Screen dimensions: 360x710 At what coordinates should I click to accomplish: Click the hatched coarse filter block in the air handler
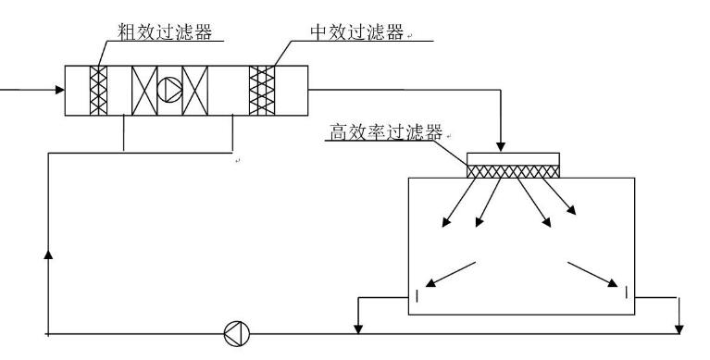click(99, 91)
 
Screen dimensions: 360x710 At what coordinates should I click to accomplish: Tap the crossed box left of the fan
click(144, 91)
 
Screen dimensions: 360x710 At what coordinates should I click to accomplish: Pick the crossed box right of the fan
click(196, 91)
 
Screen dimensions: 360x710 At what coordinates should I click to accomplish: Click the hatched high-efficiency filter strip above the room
click(514, 171)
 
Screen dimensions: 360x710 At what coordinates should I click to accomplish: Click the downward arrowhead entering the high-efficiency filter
click(501, 147)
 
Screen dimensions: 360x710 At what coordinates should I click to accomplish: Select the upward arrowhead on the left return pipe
click(46, 253)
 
